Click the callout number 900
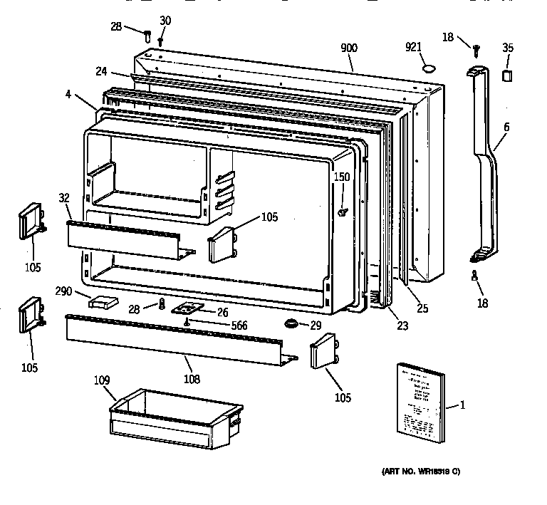pyautogui.click(x=349, y=48)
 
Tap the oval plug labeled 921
pyautogui.click(x=429, y=68)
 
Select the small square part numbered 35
pyautogui.click(x=507, y=76)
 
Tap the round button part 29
pyautogui.click(x=292, y=325)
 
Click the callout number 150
pyautogui.click(x=342, y=177)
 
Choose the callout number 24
pyautogui.click(x=102, y=71)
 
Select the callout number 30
pyautogui.click(x=165, y=21)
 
